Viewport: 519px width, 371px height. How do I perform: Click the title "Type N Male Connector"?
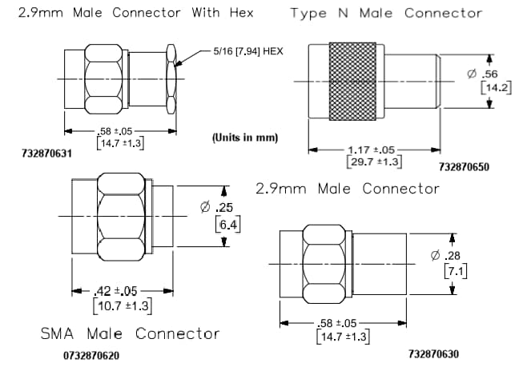[386, 13]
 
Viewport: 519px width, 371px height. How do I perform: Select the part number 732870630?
[433, 353]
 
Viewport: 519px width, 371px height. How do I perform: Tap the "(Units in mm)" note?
[245, 138]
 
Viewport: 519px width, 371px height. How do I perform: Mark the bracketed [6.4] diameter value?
[225, 225]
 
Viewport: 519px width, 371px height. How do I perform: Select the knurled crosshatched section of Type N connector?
[356, 82]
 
